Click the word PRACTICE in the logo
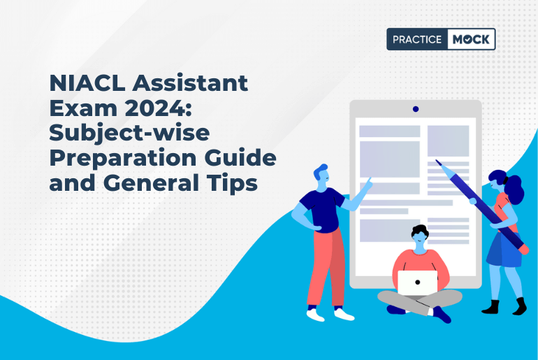416,40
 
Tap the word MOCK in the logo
471,40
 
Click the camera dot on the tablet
416,109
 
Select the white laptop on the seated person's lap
417,282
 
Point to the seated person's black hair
419,231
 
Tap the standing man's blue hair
320,171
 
